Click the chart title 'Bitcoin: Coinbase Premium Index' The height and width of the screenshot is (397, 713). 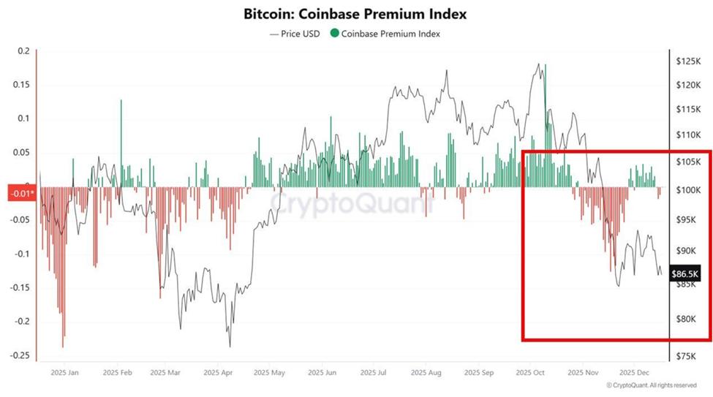[x=355, y=14]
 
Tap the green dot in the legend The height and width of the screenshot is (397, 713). [x=335, y=33]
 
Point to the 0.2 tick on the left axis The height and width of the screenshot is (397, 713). [x=23, y=51]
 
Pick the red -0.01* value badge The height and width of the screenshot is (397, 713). [x=19, y=193]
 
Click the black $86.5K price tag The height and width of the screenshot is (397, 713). [x=686, y=274]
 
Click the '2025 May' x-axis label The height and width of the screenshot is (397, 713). [x=269, y=372]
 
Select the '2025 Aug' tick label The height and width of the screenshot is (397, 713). [x=424, y=372]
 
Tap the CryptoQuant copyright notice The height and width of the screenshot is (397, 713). [x=651, y=385]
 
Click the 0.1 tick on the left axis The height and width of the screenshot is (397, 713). [x=23, y=118]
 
